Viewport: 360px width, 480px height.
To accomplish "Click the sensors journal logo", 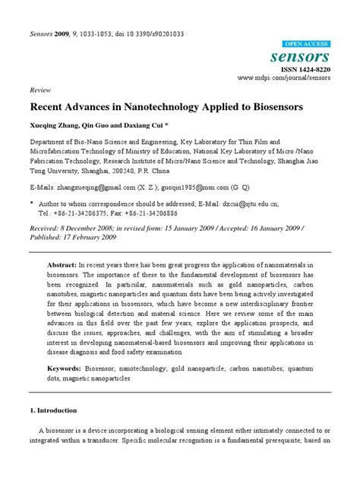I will (x=307, y=57).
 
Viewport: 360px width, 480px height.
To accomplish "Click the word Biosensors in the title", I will (x=271, y=107).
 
